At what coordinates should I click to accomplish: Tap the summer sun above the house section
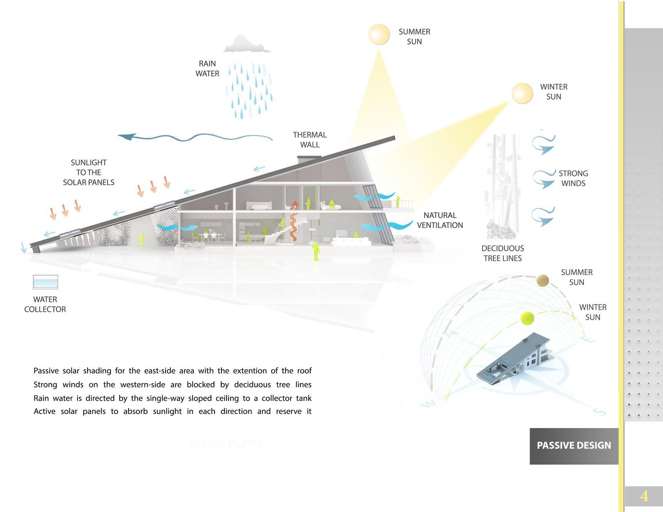click(379, 35)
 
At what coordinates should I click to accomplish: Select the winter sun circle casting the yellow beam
click(522, 93)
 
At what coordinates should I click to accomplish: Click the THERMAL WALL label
click(309, 140)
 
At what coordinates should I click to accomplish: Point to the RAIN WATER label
click(207, 68)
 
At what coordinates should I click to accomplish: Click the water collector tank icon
click(45, 282)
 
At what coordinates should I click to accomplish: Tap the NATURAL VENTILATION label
click(440, 220)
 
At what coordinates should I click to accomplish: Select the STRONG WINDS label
click(573, 178)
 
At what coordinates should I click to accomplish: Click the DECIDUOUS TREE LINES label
click(502, 253)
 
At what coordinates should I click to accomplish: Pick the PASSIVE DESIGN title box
click(574, 446)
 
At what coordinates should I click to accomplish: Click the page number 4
click(644, 496)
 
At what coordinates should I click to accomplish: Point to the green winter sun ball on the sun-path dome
click(527, 318)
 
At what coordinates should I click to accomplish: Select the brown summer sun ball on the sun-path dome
click(542, 281)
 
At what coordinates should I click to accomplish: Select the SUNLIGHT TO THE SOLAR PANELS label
click(88, 172)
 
